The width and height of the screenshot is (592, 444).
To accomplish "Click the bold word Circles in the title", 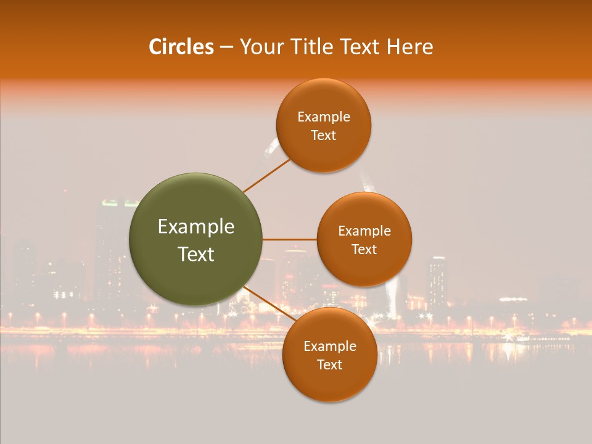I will (x=181, y=47).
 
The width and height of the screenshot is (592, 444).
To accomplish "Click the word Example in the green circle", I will (x=196, y=227).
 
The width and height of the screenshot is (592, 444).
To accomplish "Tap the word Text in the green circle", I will (x=196, y=254).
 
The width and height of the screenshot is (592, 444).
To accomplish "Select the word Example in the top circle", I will (x=324, y=117).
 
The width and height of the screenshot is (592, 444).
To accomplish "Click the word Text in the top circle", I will (x=323, y=136).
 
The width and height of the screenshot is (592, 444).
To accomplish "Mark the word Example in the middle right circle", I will (x=364, y=231).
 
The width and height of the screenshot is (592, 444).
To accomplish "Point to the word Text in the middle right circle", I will (x=364, y=250).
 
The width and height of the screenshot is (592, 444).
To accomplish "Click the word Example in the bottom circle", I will (x=330, y=347).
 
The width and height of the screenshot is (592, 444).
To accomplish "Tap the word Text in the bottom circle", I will (x=329, y=365).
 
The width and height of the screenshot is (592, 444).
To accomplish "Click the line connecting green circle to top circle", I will (x=266, y=175).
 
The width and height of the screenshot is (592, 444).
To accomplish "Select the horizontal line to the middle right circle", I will (x=290, y=239).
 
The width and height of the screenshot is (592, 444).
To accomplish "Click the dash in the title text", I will (x=226, y=47).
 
